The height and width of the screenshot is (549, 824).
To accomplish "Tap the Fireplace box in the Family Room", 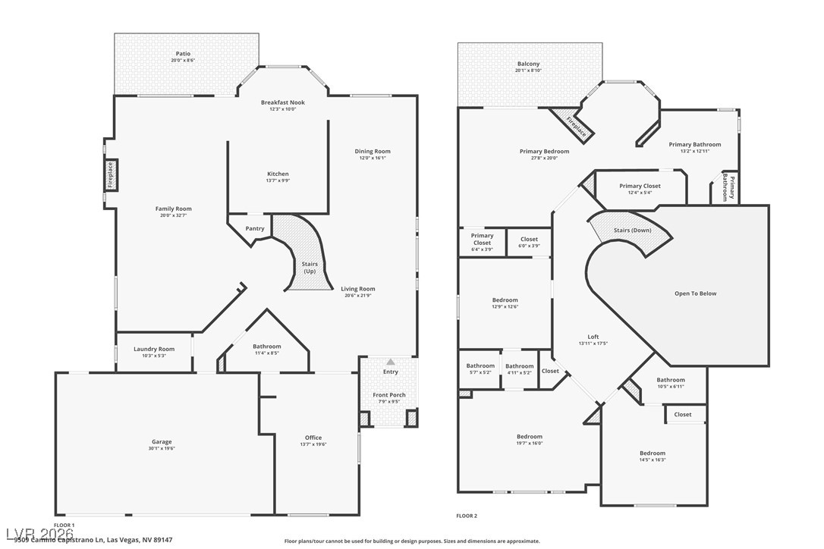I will coord(110,174).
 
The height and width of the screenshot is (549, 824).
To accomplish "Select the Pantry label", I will coord(255,228).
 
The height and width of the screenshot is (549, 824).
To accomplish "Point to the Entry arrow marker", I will coord(390,362).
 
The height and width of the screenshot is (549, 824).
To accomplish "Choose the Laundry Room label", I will coord(154,349).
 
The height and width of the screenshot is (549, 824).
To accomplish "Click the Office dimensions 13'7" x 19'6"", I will coord(313,445).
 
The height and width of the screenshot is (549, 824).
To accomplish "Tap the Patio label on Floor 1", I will coord(183,54).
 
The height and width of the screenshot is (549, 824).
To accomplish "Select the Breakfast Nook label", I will coord(282,102).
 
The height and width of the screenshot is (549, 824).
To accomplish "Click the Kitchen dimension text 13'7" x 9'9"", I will coord(278,180).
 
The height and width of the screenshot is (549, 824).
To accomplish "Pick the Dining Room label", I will coord(373,151).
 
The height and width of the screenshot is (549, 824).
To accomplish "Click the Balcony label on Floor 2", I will coord(528,64).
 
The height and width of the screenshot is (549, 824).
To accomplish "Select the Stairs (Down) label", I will coord(632,230).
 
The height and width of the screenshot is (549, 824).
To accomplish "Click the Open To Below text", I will coord(695,293).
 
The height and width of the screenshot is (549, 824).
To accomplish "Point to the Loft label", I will coord(593,337).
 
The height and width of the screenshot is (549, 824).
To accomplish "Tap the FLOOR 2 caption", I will coord(467,516).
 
